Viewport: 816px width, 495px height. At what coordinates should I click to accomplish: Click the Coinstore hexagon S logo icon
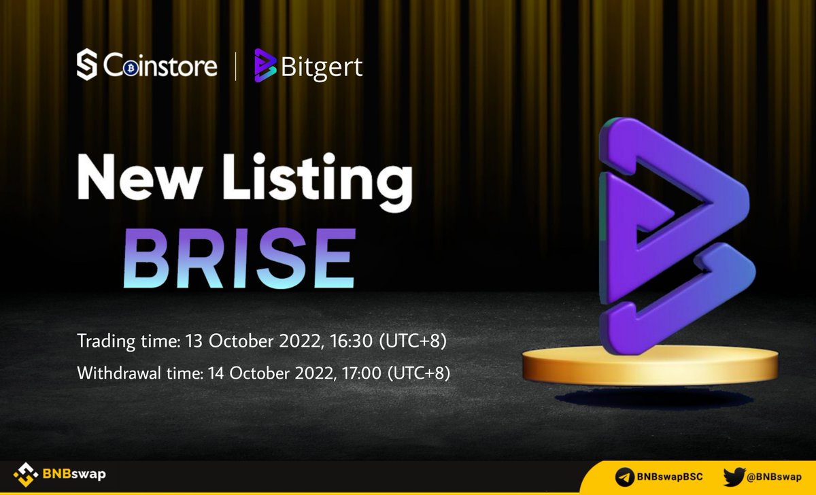88,65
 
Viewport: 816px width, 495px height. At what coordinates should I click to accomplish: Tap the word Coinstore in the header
161,66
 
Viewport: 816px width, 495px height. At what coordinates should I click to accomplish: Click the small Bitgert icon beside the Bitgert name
265,66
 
